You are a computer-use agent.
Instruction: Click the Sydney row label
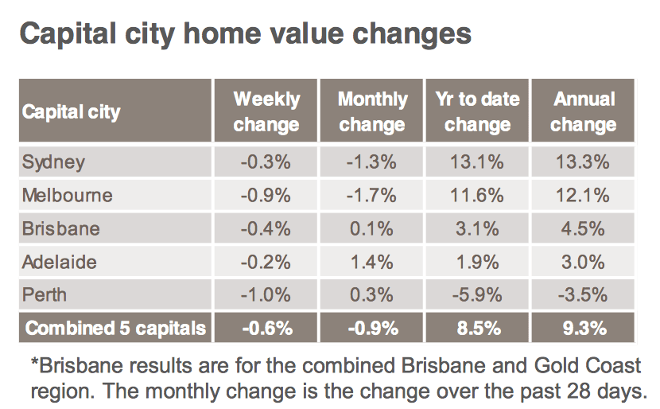pos(53,162)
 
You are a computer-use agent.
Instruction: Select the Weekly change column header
pos(266,111)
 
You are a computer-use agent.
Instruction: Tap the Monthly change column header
pos(372,111)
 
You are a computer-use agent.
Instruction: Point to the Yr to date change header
pos(478,111)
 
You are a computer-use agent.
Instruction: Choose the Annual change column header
pos(584,111)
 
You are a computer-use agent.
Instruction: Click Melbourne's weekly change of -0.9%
pos(266,196)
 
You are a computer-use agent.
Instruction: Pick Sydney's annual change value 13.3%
pos(583,162)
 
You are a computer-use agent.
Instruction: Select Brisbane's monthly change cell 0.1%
pos(371,228)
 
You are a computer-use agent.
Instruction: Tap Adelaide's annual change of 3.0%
pos(583,262)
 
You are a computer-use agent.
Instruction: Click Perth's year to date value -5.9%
pos(477,295)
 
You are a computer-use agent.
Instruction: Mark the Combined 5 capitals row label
pos(116,328)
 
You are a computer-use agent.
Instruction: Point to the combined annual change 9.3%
pos(584,328)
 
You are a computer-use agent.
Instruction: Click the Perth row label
pos(45,295)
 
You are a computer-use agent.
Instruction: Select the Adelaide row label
pos(60,262)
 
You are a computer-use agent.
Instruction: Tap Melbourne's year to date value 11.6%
pos(477,196)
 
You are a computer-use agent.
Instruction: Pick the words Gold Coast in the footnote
pos(588,365)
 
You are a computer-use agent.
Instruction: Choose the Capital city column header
pos(71,112)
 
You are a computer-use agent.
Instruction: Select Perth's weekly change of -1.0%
pos(266,295)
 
